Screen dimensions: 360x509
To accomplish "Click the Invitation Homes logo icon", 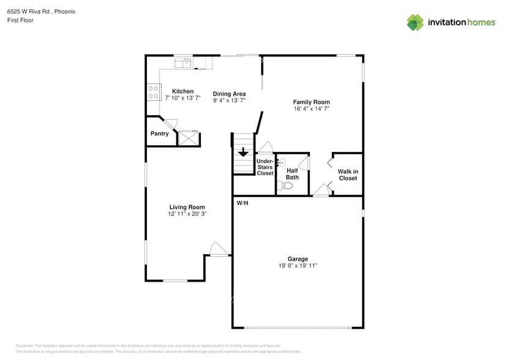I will point(415,23).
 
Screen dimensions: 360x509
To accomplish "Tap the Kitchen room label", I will point(183,91).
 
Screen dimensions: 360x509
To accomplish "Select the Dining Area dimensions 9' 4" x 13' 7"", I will point(230,100).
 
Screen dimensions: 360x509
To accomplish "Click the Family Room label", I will point(311,102).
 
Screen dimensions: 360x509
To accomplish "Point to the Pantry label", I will point(159,133).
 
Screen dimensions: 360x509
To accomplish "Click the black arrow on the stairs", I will point(243,152).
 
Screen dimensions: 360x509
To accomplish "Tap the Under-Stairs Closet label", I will point(265,167).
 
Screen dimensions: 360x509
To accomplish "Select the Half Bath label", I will point(292,174).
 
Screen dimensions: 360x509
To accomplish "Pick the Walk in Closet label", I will point(347,175).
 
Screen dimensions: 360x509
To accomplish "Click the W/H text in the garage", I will point(243,203).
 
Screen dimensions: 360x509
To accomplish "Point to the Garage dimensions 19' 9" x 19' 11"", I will point(298,266).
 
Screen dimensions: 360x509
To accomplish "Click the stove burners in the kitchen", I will point(153,92).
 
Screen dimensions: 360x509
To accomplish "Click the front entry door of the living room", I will point(217,249).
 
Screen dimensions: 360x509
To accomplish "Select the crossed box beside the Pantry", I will point(189,138).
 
